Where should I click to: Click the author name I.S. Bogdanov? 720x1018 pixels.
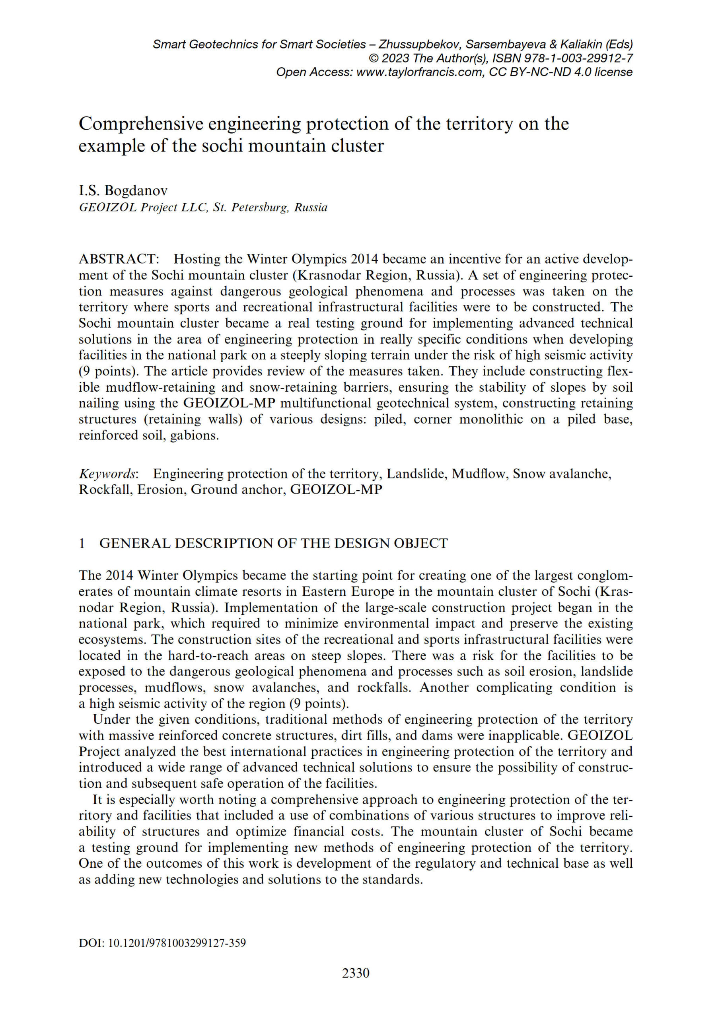[123, 190]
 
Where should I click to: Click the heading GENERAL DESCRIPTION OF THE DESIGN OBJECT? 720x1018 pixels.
[273, 543]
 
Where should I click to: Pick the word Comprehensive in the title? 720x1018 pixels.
[141, 124]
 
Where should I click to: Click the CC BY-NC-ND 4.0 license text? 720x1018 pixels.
[560, 72]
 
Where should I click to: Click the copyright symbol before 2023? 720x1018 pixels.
[374, 58]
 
